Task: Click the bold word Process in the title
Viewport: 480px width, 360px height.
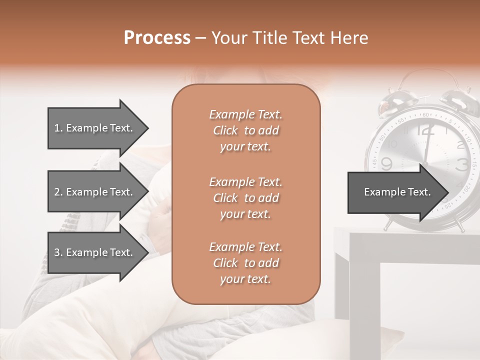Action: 157,38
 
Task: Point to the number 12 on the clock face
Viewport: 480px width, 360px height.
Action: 425,130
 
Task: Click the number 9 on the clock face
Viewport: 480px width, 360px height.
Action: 386,163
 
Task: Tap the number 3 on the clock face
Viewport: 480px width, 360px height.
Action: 462,163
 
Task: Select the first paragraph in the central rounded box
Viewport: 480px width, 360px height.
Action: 245,130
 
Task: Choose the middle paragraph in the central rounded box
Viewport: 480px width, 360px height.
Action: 245,198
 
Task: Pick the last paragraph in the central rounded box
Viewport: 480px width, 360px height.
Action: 245,263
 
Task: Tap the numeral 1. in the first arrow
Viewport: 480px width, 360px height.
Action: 58,128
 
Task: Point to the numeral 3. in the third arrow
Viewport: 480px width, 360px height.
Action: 58,252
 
